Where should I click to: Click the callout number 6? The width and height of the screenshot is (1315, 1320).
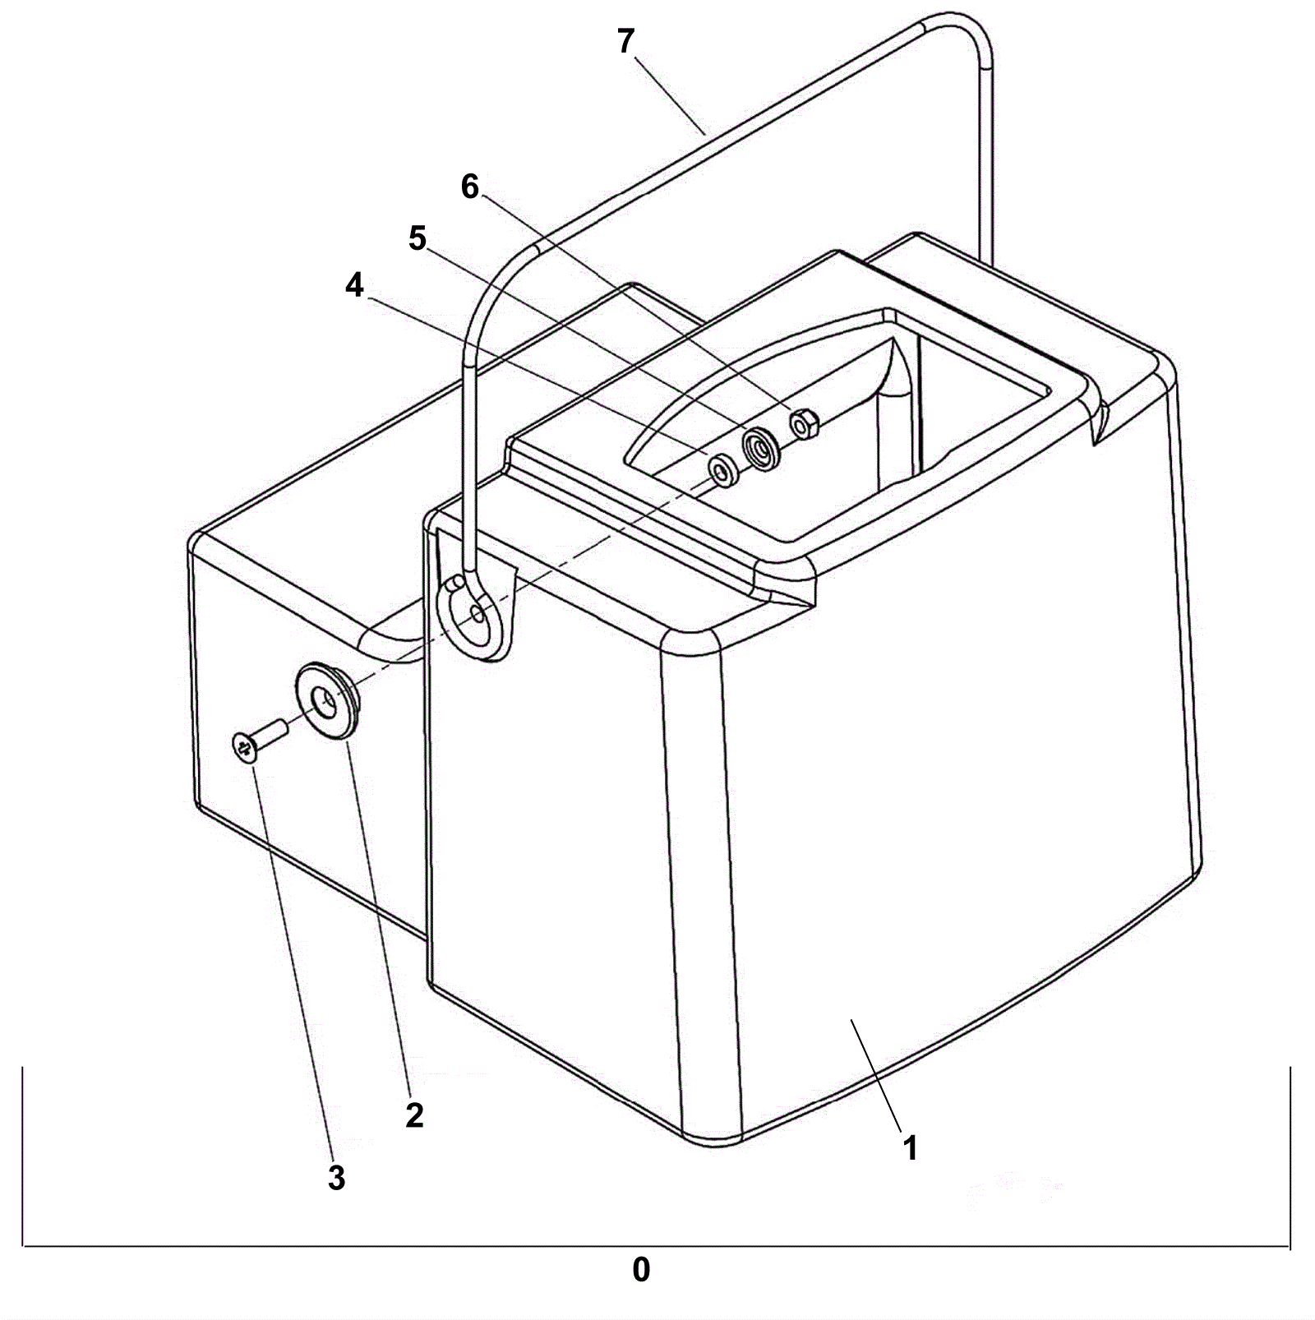pos(469,187)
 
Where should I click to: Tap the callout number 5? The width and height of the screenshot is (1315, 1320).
pos(418,238)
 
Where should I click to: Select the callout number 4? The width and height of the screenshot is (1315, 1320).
pos(354,286)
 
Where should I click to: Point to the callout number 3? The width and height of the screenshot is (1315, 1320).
pos(336,1178)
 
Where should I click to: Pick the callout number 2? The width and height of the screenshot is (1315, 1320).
pos(414,1115)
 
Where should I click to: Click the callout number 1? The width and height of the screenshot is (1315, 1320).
pos(910,1147)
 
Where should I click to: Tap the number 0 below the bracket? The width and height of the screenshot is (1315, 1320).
pos(641,1270)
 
